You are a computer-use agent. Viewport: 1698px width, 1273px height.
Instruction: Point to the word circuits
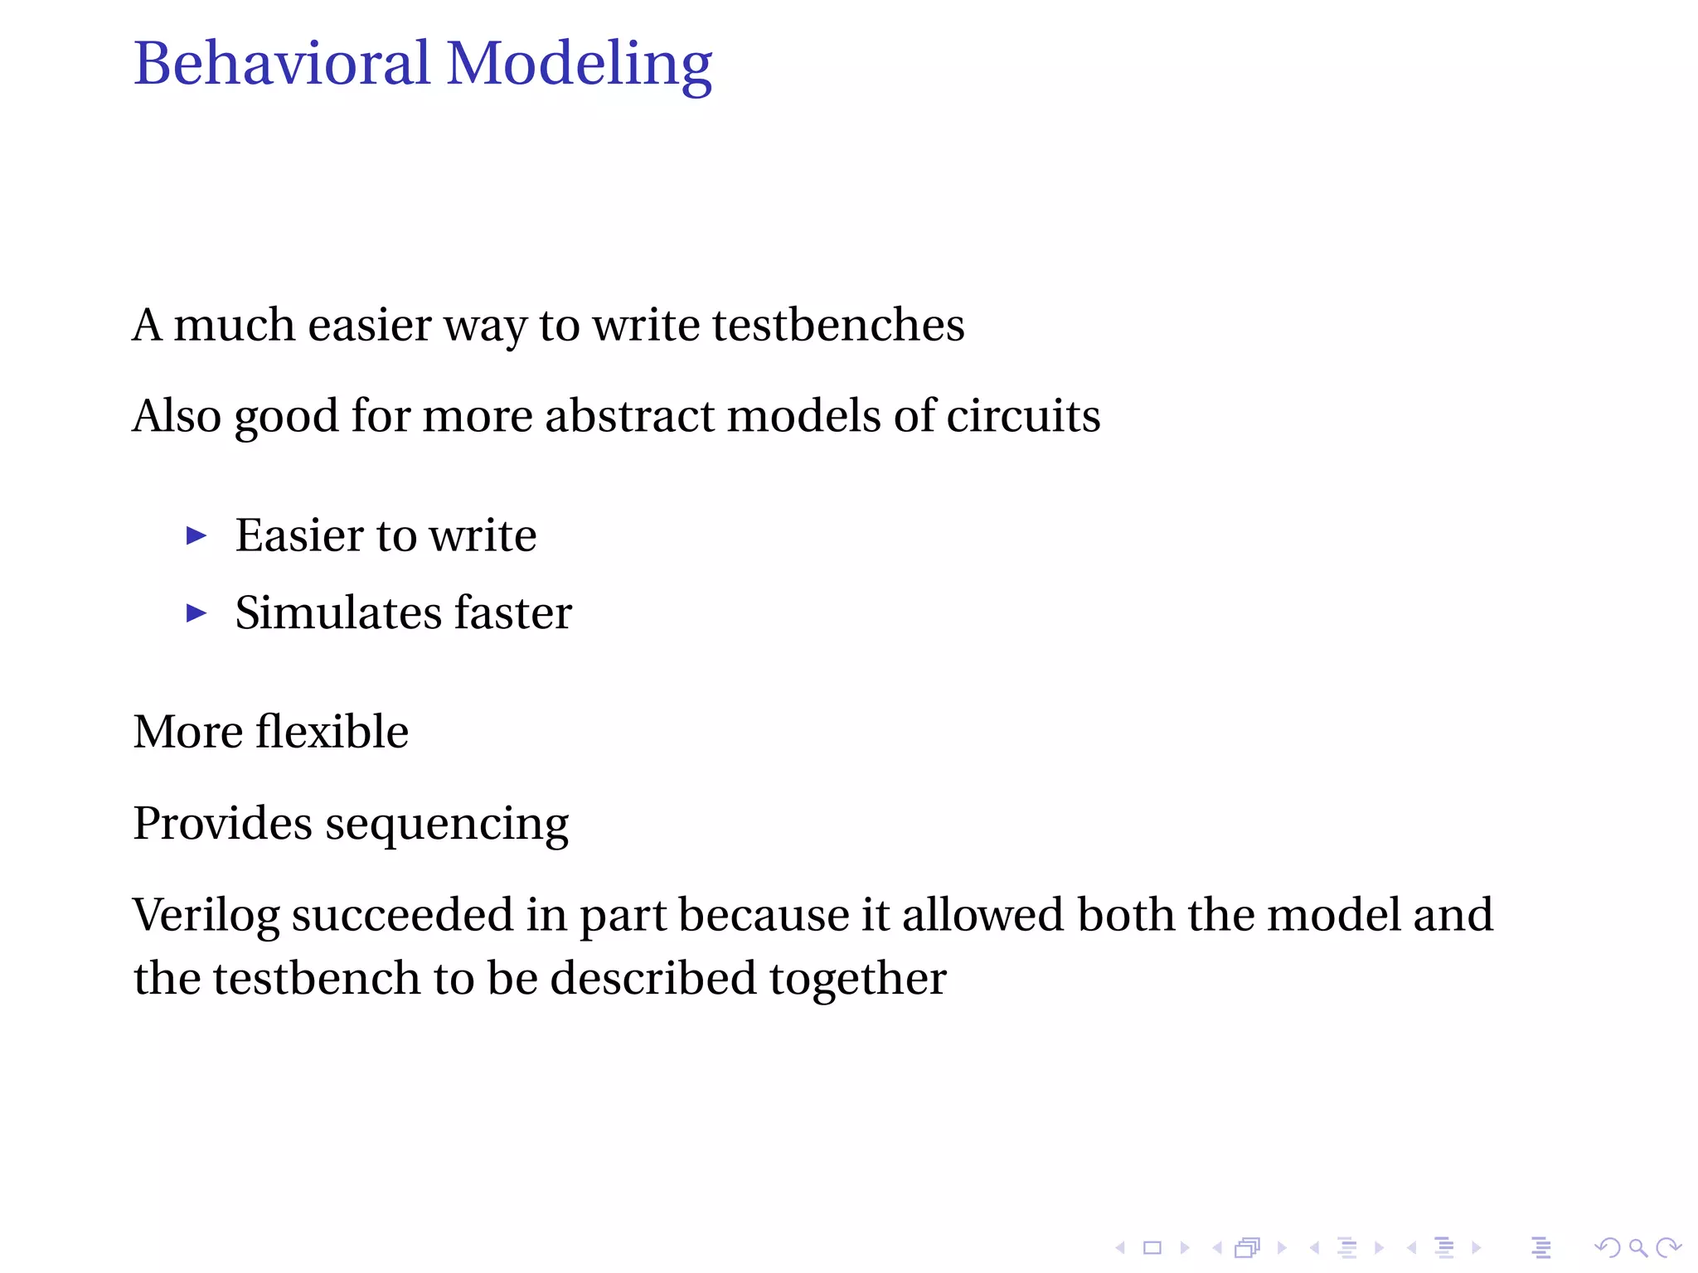(1023, 415)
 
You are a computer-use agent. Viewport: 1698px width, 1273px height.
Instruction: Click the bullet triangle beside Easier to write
(196, 536)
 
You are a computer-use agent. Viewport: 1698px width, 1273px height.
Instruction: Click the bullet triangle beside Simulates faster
(196, 613)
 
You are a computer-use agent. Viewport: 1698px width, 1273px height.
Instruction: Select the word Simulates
(338, 613)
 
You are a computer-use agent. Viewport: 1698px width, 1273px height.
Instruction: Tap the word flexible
(332, 732)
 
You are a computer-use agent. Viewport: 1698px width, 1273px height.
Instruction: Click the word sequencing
(447, 825)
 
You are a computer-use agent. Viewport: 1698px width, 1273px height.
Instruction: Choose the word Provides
(222, 823)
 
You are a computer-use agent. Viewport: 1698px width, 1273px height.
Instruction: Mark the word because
(764, 915)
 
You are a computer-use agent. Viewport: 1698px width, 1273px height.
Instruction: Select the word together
(857, 980)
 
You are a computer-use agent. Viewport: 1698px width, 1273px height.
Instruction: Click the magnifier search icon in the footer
(1637, 1247)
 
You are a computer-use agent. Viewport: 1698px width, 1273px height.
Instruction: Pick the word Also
(177, 415)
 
